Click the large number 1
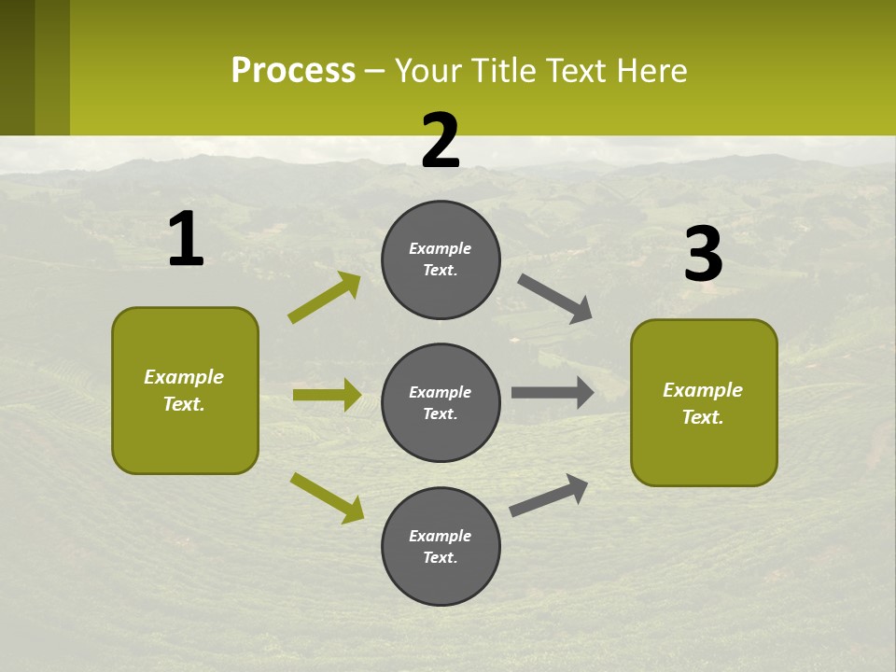click(x=186, y=240)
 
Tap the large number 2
click(x=441, y=141)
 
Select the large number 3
click(x=703, y=255)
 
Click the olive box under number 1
click(x=185, y=390)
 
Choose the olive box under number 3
click(x=704, y=403)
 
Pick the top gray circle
click(x=441, y=259)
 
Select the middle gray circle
click(x=441, y=402)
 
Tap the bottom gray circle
click(x=441, y=546)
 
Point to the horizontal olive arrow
click(x=327, y=395)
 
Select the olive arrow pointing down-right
click(x=327, y=497)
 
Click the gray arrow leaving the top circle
click(x=554, y=298)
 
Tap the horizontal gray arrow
click(x=552, y=392)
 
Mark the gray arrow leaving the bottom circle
click(x=549, y=495)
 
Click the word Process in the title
click(x=293, y=70)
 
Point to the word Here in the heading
click(x=651, y=70)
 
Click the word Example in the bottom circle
click(x=441, y=536)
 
